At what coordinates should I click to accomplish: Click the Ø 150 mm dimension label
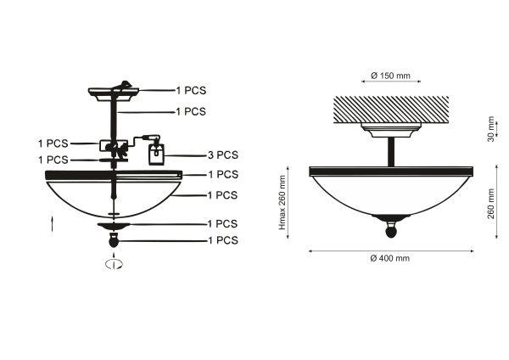click(x=390, y=76)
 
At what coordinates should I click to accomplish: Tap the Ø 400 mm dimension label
click(x=390, y=258)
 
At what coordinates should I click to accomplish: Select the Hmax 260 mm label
click(x=282, y=202)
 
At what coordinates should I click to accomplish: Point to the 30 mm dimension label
click(x=490, y=129)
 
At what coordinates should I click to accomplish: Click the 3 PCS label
click(x=223, y=155)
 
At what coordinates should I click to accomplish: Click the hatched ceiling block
click(x=391, y=110)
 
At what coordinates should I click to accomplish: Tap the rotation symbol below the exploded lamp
click(x=114, y=264)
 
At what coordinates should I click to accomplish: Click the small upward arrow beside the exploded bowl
click(x=53, y=224)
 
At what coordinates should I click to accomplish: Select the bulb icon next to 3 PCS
click(x=156, y=155)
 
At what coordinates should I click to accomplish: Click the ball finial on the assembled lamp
click(x=391, y=232)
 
